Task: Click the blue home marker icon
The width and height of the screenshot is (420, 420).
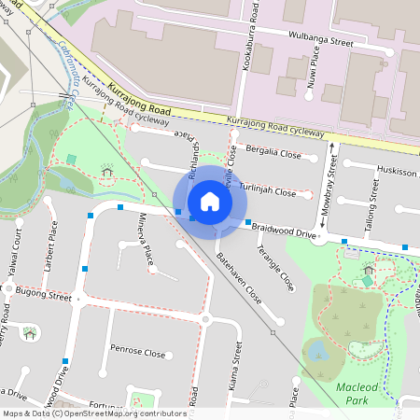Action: tap(210, 202)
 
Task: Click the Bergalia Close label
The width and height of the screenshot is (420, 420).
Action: tap(272, 151)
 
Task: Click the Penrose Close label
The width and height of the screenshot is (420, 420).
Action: tap(137, 354)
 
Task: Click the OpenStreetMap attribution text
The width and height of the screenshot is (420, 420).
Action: tap(93, 413)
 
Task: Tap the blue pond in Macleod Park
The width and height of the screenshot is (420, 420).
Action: tap(316, 351)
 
